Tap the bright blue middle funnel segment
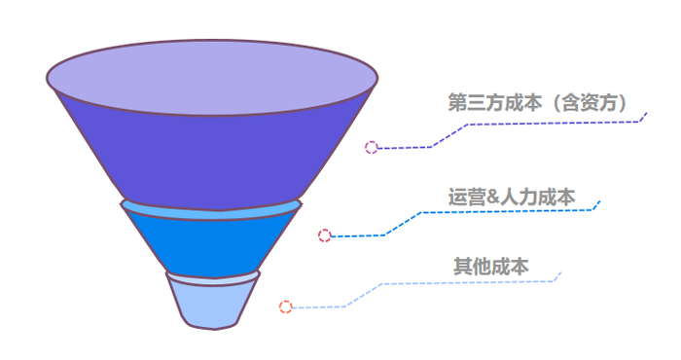click(212, 243)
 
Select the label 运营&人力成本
click(512, 197)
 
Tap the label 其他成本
click(491, 265)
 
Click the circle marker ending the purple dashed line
click(371, 148)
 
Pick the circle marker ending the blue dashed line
click(325, 235)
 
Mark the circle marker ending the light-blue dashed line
click(286, 307)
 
